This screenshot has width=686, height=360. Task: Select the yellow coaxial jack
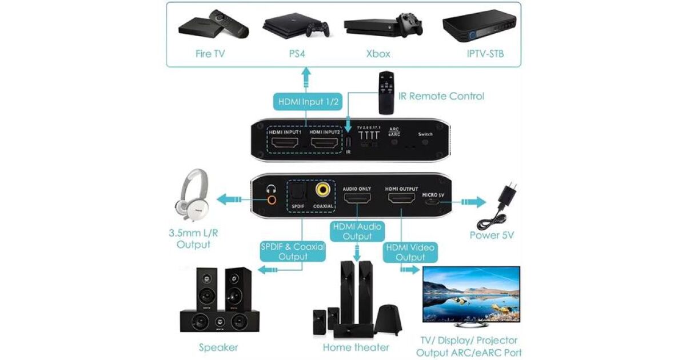pyautogui.click(x=324, y=189)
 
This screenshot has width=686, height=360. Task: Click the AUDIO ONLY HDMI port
pyautogui.click(x=357, y=199)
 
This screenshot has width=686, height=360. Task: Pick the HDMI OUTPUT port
pyautogui.click(x=402, y=199)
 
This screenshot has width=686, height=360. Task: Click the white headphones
pyautogui.click(x=190, y=193)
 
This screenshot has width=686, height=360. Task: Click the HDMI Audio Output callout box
pyautogui.click(x=357, y=231)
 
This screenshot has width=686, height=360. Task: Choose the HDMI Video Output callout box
pyautogui.click(x=410, y=253)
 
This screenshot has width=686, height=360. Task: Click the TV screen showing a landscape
pyautogui.click(x=470, y=294)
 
